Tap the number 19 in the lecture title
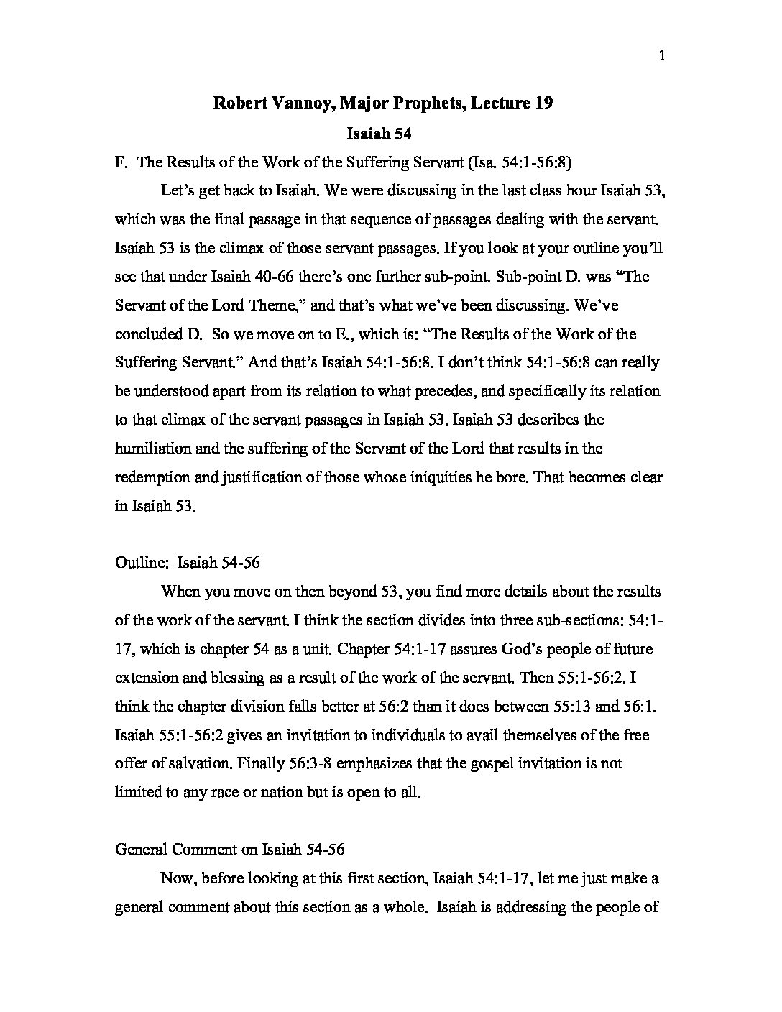pyautogui.click(x=544, y=103)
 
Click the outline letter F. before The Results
pyautogui.click(x=121, y=162)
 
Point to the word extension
pyautogui.click(x=144, y=678)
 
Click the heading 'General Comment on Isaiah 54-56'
pyautogui.click(x=230, y=850)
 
